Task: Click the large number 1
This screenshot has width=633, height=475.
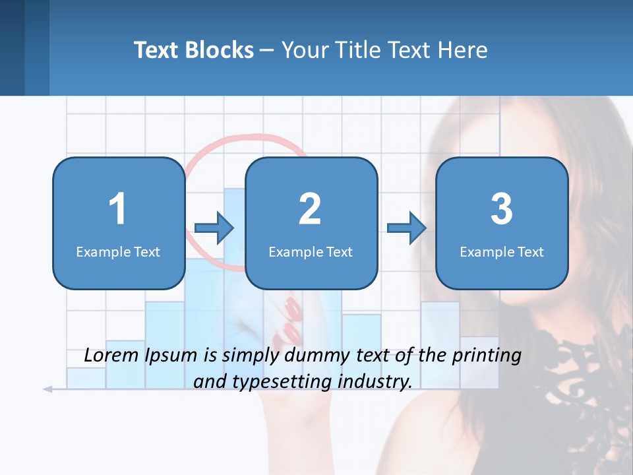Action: pyautogui.click(x=117, y=209)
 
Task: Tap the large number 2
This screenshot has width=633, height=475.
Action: pyautogui.click(x=310, y=209)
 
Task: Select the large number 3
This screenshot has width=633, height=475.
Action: pyautogui.click(x=502, y=209)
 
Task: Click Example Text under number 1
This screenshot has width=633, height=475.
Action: pyautogui.click(x=118, y=251)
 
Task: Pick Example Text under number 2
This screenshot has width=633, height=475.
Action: pyautogui.click(x=311, y=251)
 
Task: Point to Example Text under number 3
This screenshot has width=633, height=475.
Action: pyautogui.click(x=502, y=251)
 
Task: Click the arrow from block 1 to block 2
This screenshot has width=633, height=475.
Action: pyautogui.click(x=214, y=228)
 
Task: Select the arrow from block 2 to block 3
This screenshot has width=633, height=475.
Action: pyautogui.click(x=407, y=228)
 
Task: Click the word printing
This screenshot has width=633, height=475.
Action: pyautogui.click(x=487, y=356)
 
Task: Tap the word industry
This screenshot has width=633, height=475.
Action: pyautogui.click(x=374, y=381)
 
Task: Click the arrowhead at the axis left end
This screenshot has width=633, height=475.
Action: pyautogui.click(x=47, y=389)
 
